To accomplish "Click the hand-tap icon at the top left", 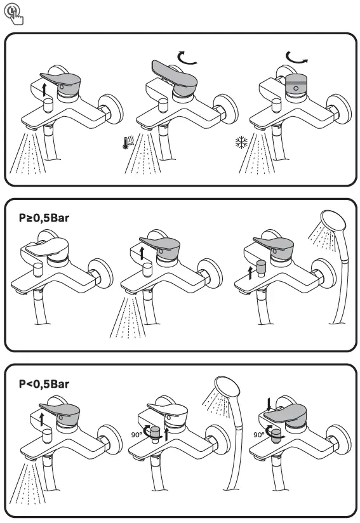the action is point(13,15).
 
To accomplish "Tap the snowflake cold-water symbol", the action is point(241,142).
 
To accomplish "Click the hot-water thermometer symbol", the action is point(128,143).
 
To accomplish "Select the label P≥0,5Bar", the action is point(44,218).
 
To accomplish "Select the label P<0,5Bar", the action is point(44,384).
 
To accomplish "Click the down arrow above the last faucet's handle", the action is point(269,404).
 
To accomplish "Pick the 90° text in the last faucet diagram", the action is point(258,435).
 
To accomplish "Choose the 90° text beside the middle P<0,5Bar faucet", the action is point(136,435).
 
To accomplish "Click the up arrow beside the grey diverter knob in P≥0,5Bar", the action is point(251,273).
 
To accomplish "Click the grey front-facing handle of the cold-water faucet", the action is point(296,84).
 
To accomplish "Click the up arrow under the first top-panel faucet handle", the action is point(44,90).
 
